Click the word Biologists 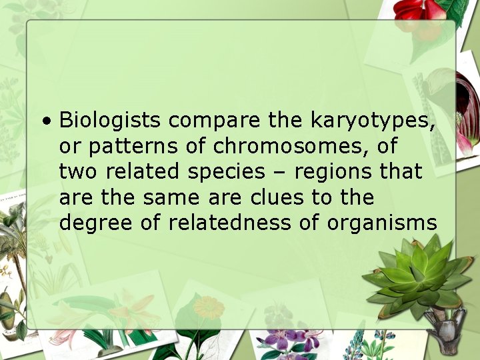coord(110,121)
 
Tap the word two coord(78,172)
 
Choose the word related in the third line coord(142,172)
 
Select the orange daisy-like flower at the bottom coord(209,308)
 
